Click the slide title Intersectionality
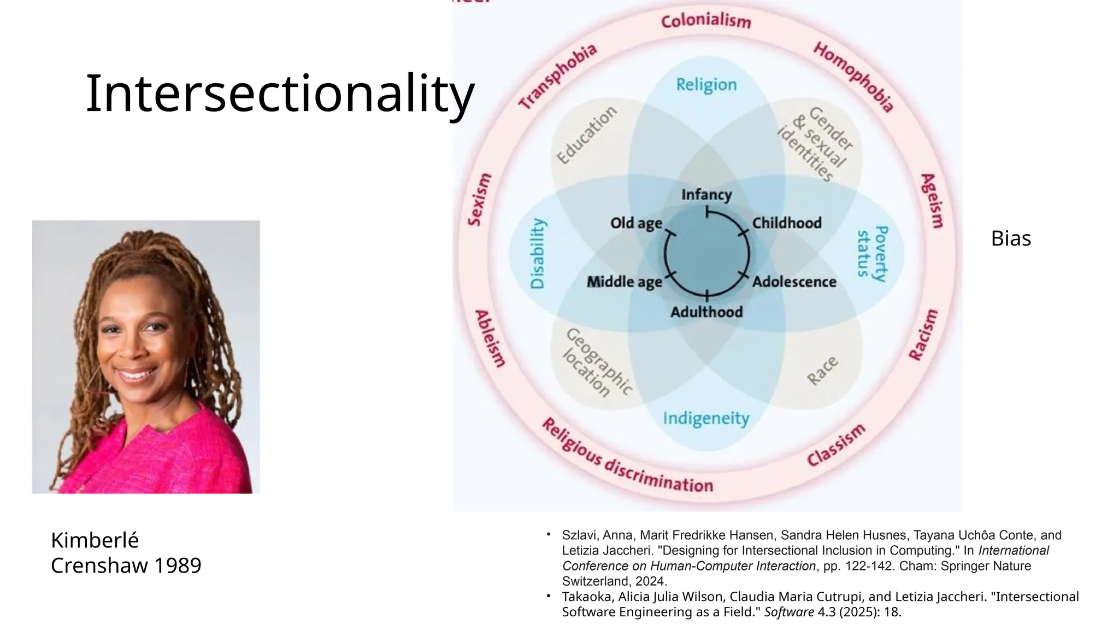280,94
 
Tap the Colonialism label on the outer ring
706,21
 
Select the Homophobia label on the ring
853,77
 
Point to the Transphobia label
557,77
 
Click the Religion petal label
706,85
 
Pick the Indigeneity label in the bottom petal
706,418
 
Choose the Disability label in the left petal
538,253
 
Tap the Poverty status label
872,253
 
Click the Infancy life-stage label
706,195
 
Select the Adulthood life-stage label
706,312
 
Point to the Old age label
636,223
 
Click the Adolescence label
794,282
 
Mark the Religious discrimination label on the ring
627,457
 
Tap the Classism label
836,445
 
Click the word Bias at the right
1011,238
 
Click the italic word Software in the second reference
788,612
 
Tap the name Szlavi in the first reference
580,535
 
